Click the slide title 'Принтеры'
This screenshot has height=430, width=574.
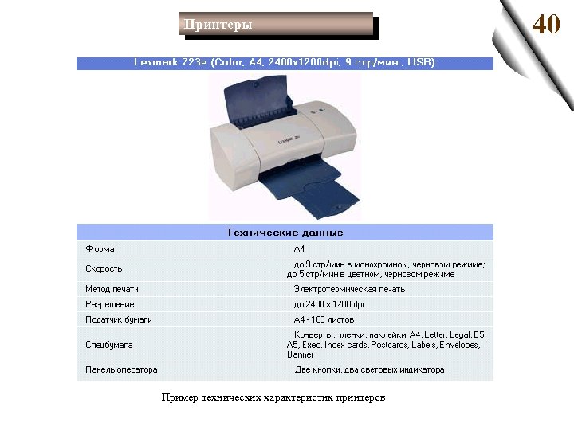click(x=218, y=25)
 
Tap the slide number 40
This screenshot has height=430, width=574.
click(x=546, y=24)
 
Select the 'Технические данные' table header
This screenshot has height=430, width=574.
click(x=285, y=233)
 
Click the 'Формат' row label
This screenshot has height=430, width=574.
click(x=101, y=249)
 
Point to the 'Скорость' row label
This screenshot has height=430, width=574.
click(x=104, y=269)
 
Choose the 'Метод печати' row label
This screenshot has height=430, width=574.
click(x=112, y=289)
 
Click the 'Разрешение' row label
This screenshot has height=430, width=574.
click(x=110, y=304)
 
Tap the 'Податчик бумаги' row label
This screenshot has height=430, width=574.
click(x=119, y=319)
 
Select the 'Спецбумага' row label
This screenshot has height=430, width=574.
click(x=109, y=345)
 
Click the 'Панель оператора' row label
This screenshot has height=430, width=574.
click(x=122, y=369)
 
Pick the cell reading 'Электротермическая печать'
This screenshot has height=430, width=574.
click(x=349, y=289)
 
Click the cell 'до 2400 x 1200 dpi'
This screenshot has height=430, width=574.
click(x=328, y=304)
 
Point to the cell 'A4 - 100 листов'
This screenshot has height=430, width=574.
click(x=327, y=319)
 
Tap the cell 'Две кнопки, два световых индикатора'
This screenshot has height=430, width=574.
click(x=370, y=369)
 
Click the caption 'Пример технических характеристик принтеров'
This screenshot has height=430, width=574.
click(x=273, y=397)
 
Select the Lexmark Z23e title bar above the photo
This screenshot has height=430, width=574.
click(x=285, y=63)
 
